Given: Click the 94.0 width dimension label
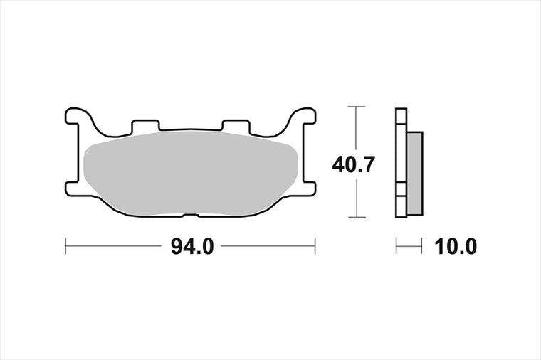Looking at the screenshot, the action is pos(192,247).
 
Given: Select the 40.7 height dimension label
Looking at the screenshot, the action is pos(353,165).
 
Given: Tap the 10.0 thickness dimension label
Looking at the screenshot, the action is pos(456,247).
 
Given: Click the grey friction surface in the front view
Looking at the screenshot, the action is pos(191,172).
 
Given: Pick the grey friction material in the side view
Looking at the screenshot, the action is pos(415,174).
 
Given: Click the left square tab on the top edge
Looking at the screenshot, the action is pos(146,125).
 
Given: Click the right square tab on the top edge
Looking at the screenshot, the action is pos(236,125).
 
